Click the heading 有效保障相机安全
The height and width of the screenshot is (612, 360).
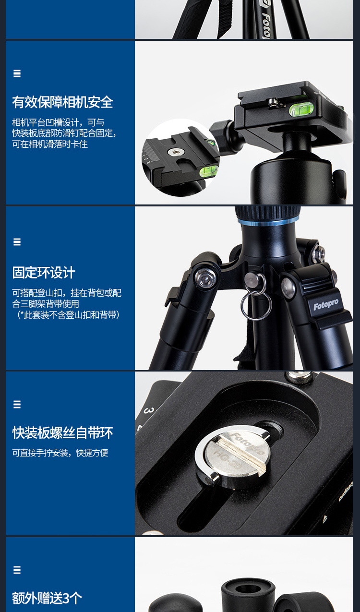coord(62,102)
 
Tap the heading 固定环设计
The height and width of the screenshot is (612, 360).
coord(44,272)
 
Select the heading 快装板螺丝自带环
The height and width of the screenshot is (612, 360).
coord(62,433)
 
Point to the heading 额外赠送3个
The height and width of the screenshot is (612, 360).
coord(47,598)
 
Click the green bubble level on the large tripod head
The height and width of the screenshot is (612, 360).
coord(301,109)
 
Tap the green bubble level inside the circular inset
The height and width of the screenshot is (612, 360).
coord(209,171)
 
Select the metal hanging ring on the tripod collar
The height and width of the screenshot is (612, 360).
coord(256,303)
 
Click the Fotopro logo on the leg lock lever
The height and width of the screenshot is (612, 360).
coord(326,304)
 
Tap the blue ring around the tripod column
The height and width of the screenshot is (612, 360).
coord(269,222)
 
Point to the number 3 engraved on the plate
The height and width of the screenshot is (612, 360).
coord(148,410)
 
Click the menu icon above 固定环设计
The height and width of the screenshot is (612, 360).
coord(17,242)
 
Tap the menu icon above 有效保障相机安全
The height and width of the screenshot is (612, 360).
coord(17,73)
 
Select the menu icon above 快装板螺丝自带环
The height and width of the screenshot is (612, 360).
coord(17,404)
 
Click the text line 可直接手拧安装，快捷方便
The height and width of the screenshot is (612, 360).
coord(60,453)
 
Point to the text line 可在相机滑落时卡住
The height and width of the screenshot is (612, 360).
coord(50,144)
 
